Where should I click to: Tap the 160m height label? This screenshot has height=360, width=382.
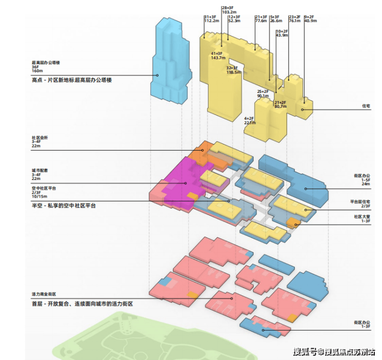click(x=37, y=70)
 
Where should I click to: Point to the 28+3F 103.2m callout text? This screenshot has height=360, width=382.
click(x=229, y=9)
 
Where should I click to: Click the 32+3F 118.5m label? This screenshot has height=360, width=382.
click(x=233, y=70)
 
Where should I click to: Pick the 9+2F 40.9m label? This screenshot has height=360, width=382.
click(x=310, y=19)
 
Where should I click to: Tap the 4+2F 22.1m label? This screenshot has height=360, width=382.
click(x=250, y=121)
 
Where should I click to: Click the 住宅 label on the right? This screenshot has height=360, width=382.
click(x=366, y=106)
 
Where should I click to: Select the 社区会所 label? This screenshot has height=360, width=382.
click(x=39, y=138)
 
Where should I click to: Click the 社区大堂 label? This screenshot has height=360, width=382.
click(x=362, y=217)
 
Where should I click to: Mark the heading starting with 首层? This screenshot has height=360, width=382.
click(x=82, y=304)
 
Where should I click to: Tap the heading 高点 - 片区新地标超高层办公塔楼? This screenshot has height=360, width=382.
click(x=72, y=80)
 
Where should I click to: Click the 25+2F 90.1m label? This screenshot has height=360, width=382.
click(x=263, y=93)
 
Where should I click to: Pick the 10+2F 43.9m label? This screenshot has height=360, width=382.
click(x=282, y=32)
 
